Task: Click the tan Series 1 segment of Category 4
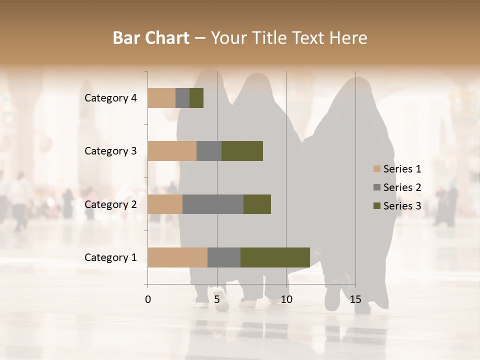pyautogui.click(x=161, y=98)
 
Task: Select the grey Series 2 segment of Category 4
pyautogui.click(x=182, y=98)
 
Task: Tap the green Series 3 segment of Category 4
pyautogui.click(x=196, y=98)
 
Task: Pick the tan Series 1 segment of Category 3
pyautogui.click(x=172, y=151)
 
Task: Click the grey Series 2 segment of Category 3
pyautogui.click(x=209, y=151)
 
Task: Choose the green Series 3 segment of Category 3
pyautogui.click(x=242, y=151)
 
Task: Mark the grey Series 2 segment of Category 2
pyautogui.click(x=213, y=204)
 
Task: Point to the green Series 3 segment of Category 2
pyautogui.click(x=257, y=204)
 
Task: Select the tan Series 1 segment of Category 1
pyautogui.click(x=177, y=257)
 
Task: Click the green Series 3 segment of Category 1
pyautogui.click(x=275, y=257)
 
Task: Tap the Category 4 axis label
pyautogui.click(x=110, y=98)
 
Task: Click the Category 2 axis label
pyautogui.click(x=110, y=204)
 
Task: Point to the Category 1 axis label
pyautogui.click(x=110, y=257)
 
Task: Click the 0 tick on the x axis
pyautogui.click(x=148, y=299)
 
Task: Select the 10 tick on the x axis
pyautogui.click(x=286, y=299)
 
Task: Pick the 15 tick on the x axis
pyautogui.click(x=355, y=299)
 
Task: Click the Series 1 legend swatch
pyautogui.click(x=376, y=169)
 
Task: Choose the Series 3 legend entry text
pyautogui.click(x=402, y=206)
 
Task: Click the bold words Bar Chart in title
pyautogui.click(x=151, y=37)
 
